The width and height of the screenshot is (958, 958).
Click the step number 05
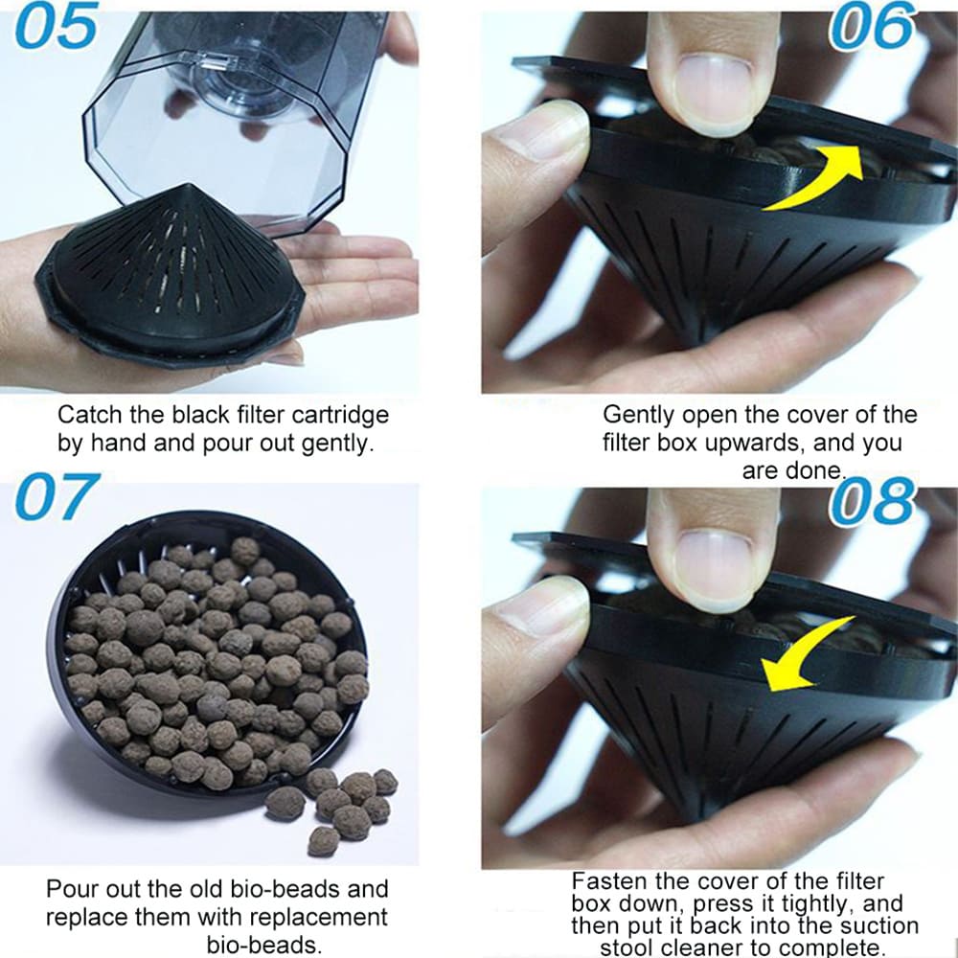56,28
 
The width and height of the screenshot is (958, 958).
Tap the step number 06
869,29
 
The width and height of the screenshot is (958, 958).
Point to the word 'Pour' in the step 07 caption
69,888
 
